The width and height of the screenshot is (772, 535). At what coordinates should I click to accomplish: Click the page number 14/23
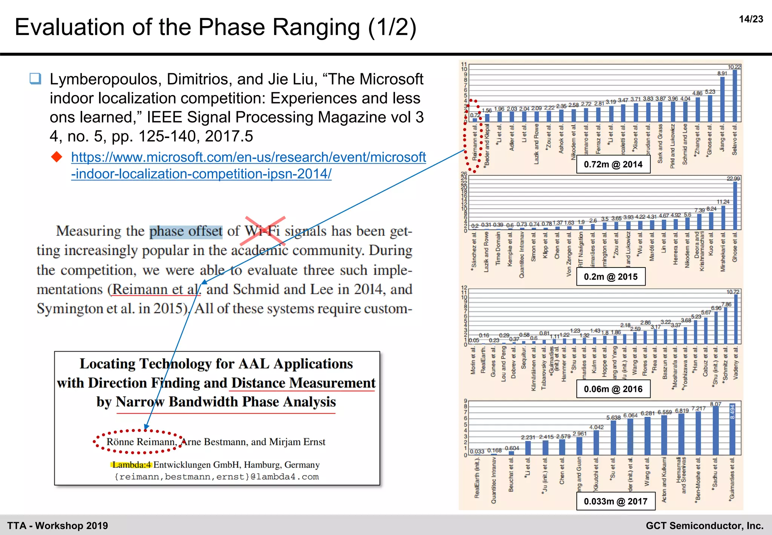pos(751,19)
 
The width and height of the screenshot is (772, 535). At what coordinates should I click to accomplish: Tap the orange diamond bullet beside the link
pos(57,157)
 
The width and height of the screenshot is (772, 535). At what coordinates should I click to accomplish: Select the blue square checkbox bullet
pos(35,78)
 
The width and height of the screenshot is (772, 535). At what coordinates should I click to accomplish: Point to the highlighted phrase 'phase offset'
pos(186,231)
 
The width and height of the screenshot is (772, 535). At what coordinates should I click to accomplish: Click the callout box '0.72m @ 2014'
pos(613,164)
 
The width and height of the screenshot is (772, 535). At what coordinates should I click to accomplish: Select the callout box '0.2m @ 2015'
pos(610,277)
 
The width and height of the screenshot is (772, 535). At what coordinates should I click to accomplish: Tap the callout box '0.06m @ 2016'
pos(613,389)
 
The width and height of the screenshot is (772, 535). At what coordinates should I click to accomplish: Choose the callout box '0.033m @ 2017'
pos(615,501)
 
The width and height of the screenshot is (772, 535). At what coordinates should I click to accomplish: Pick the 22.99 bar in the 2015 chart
pos(735,206)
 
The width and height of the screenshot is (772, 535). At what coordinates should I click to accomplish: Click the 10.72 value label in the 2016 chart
pos(733,292)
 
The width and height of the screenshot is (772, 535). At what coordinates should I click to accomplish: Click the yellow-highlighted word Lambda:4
pos(131,464)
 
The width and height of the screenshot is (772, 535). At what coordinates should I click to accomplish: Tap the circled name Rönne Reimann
pos(141,442)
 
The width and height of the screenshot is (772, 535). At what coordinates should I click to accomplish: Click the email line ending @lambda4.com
pos(217,477)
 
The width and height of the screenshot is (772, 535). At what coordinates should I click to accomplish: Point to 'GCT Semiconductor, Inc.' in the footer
pos(704,526)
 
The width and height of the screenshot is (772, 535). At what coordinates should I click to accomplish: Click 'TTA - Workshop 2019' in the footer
pos(58,526)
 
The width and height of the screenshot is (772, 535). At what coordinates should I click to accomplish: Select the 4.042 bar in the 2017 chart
pos(596,442)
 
